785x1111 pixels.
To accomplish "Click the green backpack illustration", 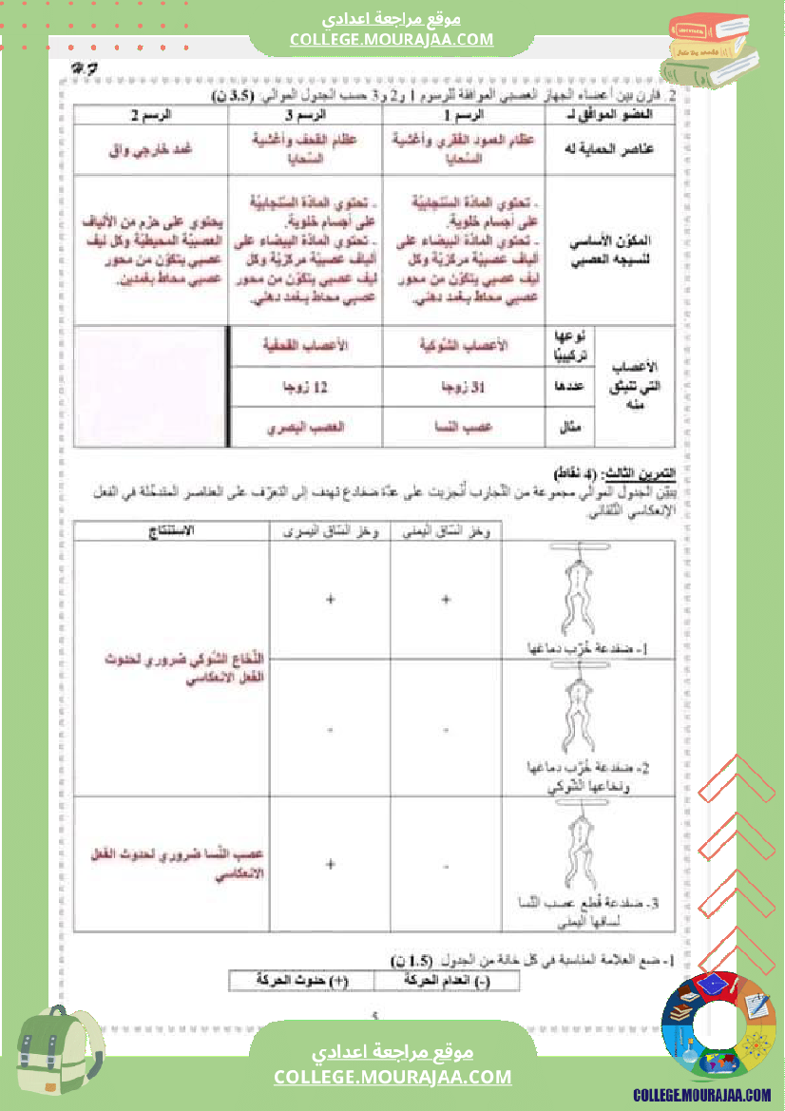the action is coord(59,1055).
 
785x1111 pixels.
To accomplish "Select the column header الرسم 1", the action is coord(464,114).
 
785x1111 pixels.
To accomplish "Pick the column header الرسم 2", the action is coord(150,114).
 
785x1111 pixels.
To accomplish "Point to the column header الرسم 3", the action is coord(304,114).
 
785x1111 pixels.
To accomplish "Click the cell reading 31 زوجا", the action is coord(464,387).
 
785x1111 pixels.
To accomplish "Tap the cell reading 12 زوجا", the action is coord(304,387).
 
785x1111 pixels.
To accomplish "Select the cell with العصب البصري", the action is coord(304,428).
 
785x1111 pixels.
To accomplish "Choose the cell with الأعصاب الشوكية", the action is coord(464,346).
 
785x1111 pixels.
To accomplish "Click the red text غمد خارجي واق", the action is coord(150,148).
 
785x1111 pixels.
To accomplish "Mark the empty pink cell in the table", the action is coord(150,386).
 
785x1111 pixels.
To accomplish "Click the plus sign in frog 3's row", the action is coord(330,864).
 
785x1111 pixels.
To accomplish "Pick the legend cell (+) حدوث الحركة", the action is coord(302,978).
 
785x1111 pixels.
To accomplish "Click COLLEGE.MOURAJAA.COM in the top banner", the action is coord(392,39).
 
